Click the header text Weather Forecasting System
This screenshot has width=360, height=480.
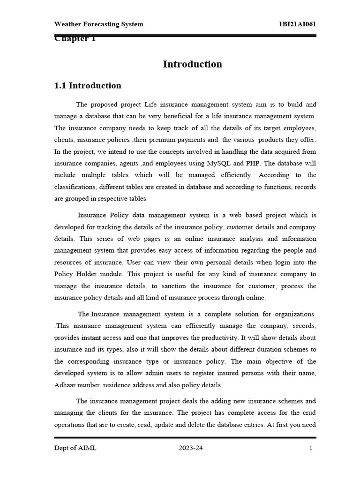click(99, 24)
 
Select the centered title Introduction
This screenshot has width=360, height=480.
click(192, 64)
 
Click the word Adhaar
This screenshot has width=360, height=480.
click(66, 385)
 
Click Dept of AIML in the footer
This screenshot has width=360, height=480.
click(75, 448)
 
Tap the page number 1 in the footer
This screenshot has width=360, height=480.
click(310, 448)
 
